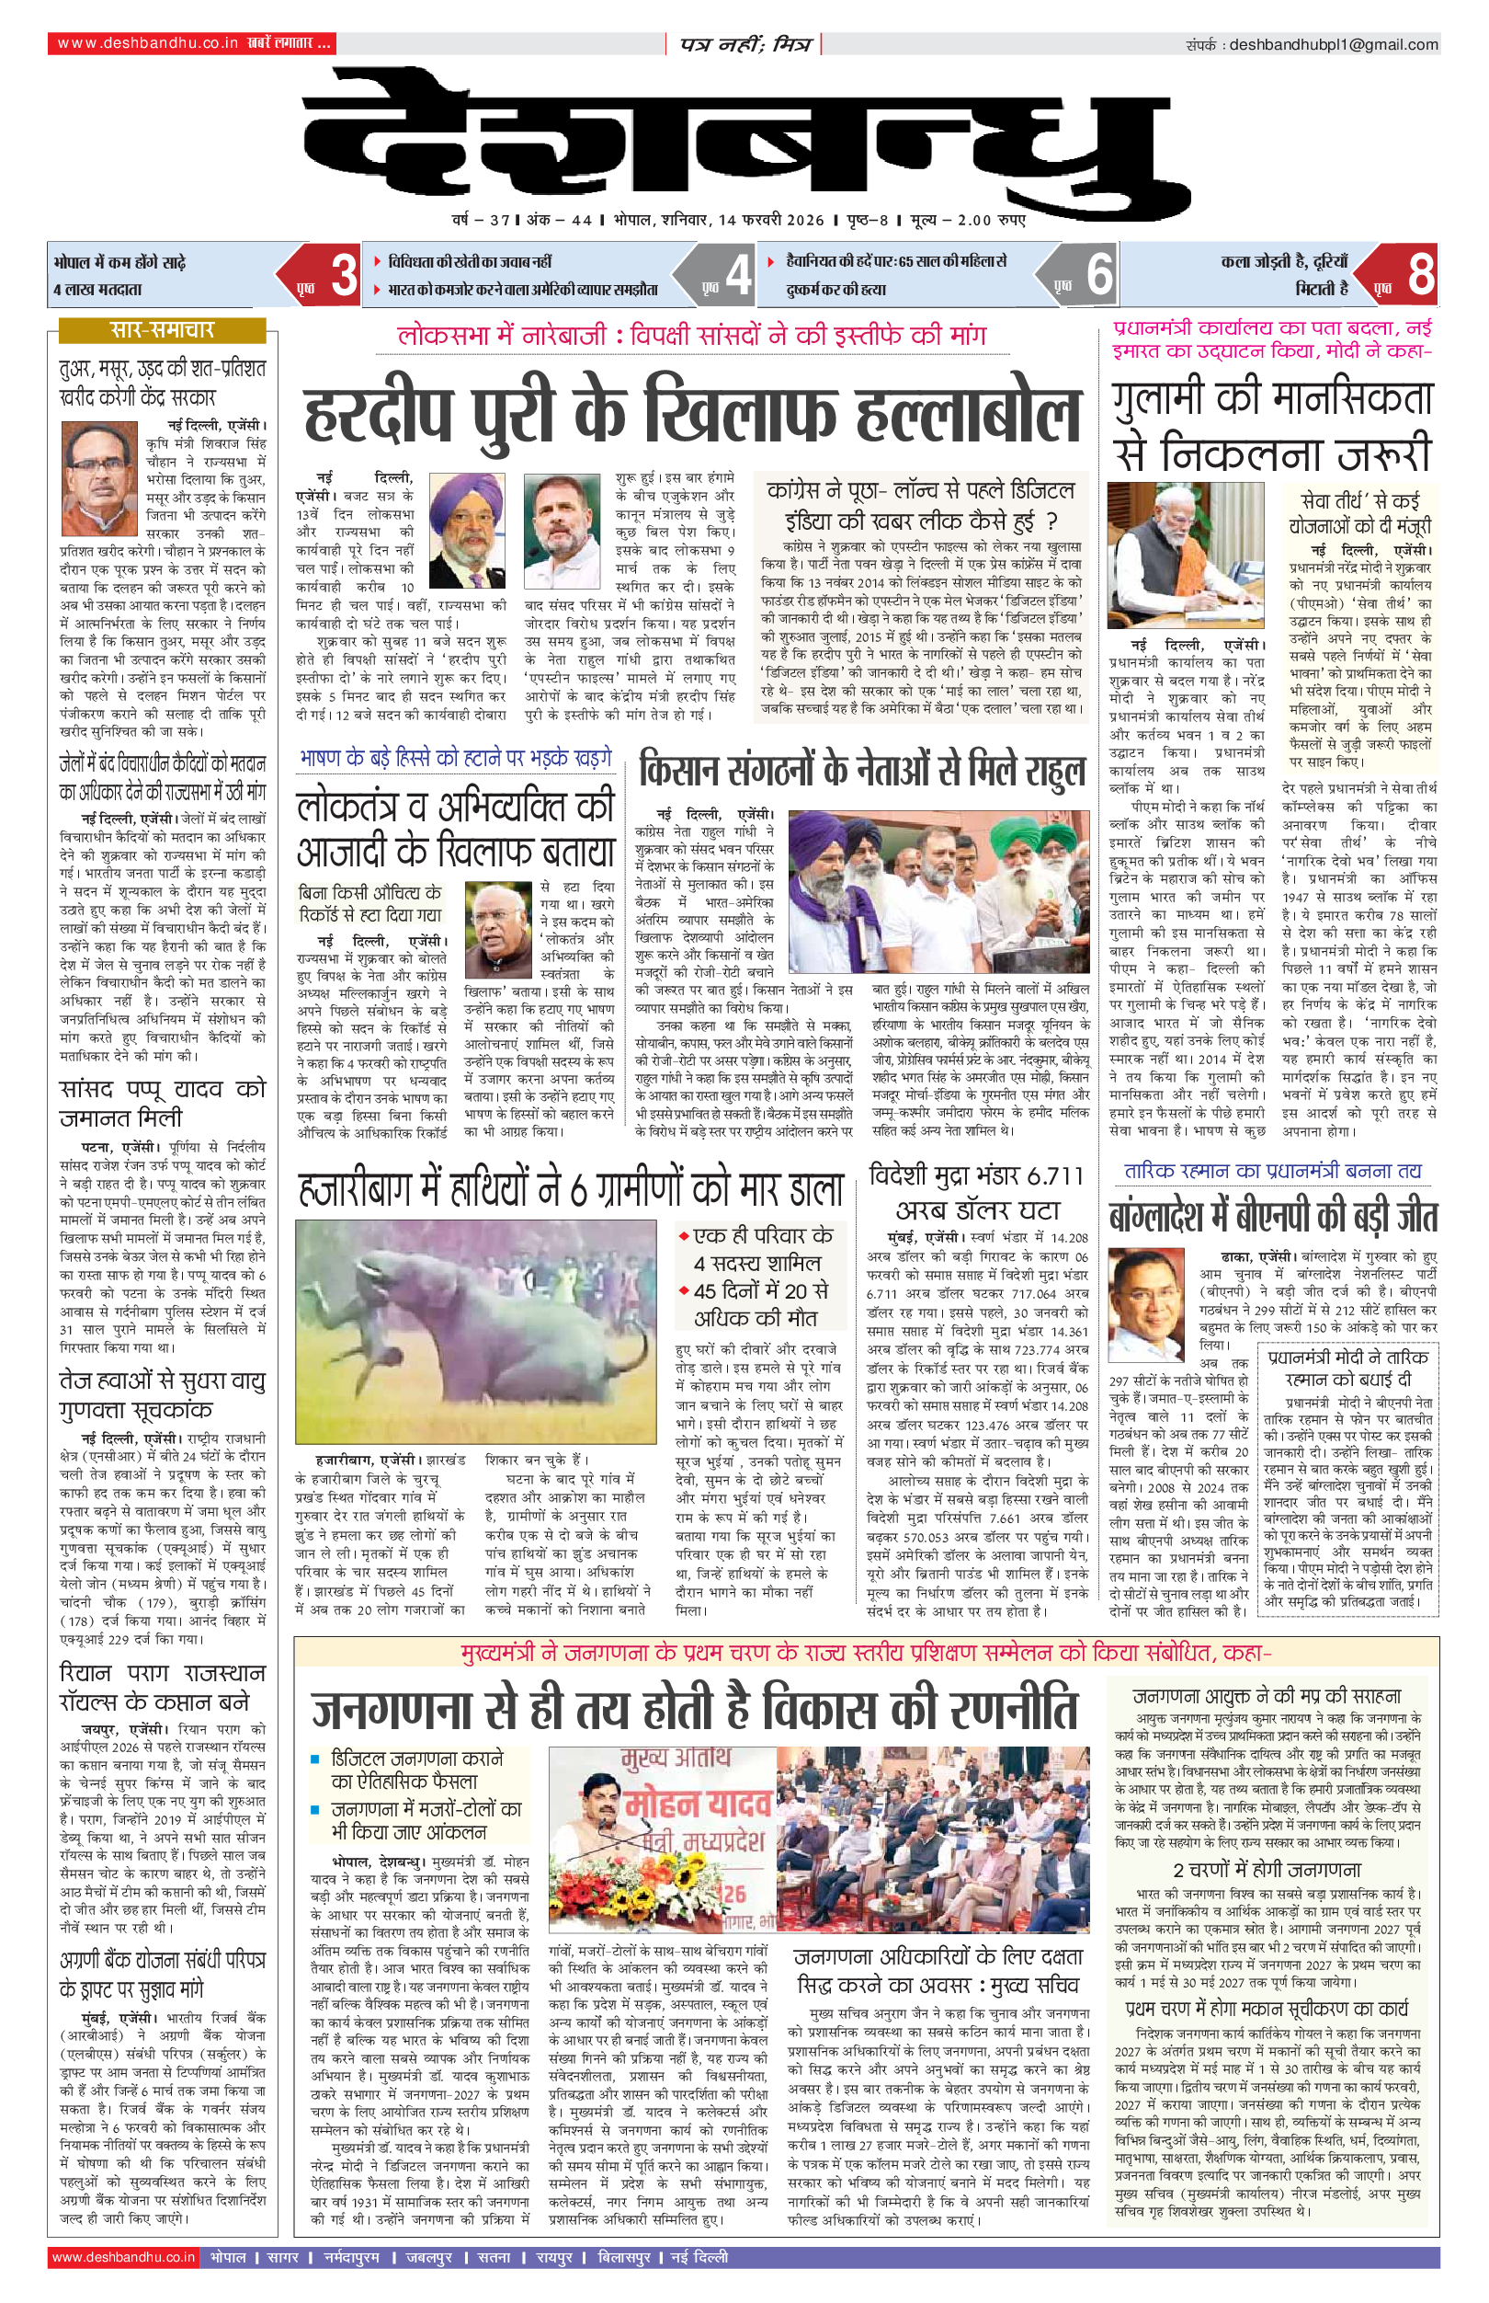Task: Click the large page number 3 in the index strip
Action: pos(343,275)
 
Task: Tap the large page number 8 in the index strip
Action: pos(1419,275)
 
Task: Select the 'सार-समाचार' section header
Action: pos(162,330)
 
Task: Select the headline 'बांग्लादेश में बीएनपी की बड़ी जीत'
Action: pos(1272,1217)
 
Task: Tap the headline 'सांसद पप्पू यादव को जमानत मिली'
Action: pos(162,1103)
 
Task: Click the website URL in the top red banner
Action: pos(147,43)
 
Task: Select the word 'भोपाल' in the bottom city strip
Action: pos(228,2257)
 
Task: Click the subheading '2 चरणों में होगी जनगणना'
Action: pos(1267,1869)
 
